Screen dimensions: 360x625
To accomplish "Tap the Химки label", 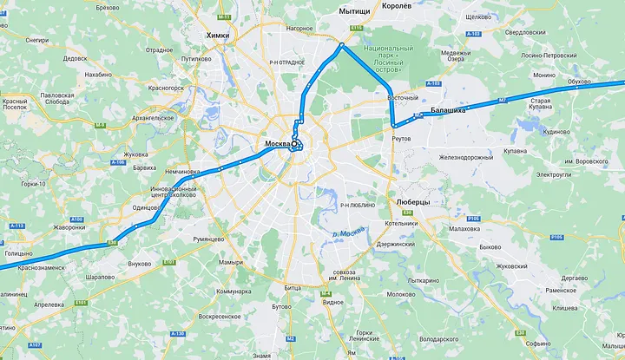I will click(219, 35).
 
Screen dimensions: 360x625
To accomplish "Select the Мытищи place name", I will click(353, 11).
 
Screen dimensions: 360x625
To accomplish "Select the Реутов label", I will click(401, 138).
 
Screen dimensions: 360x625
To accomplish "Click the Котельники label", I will click(402, 223).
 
